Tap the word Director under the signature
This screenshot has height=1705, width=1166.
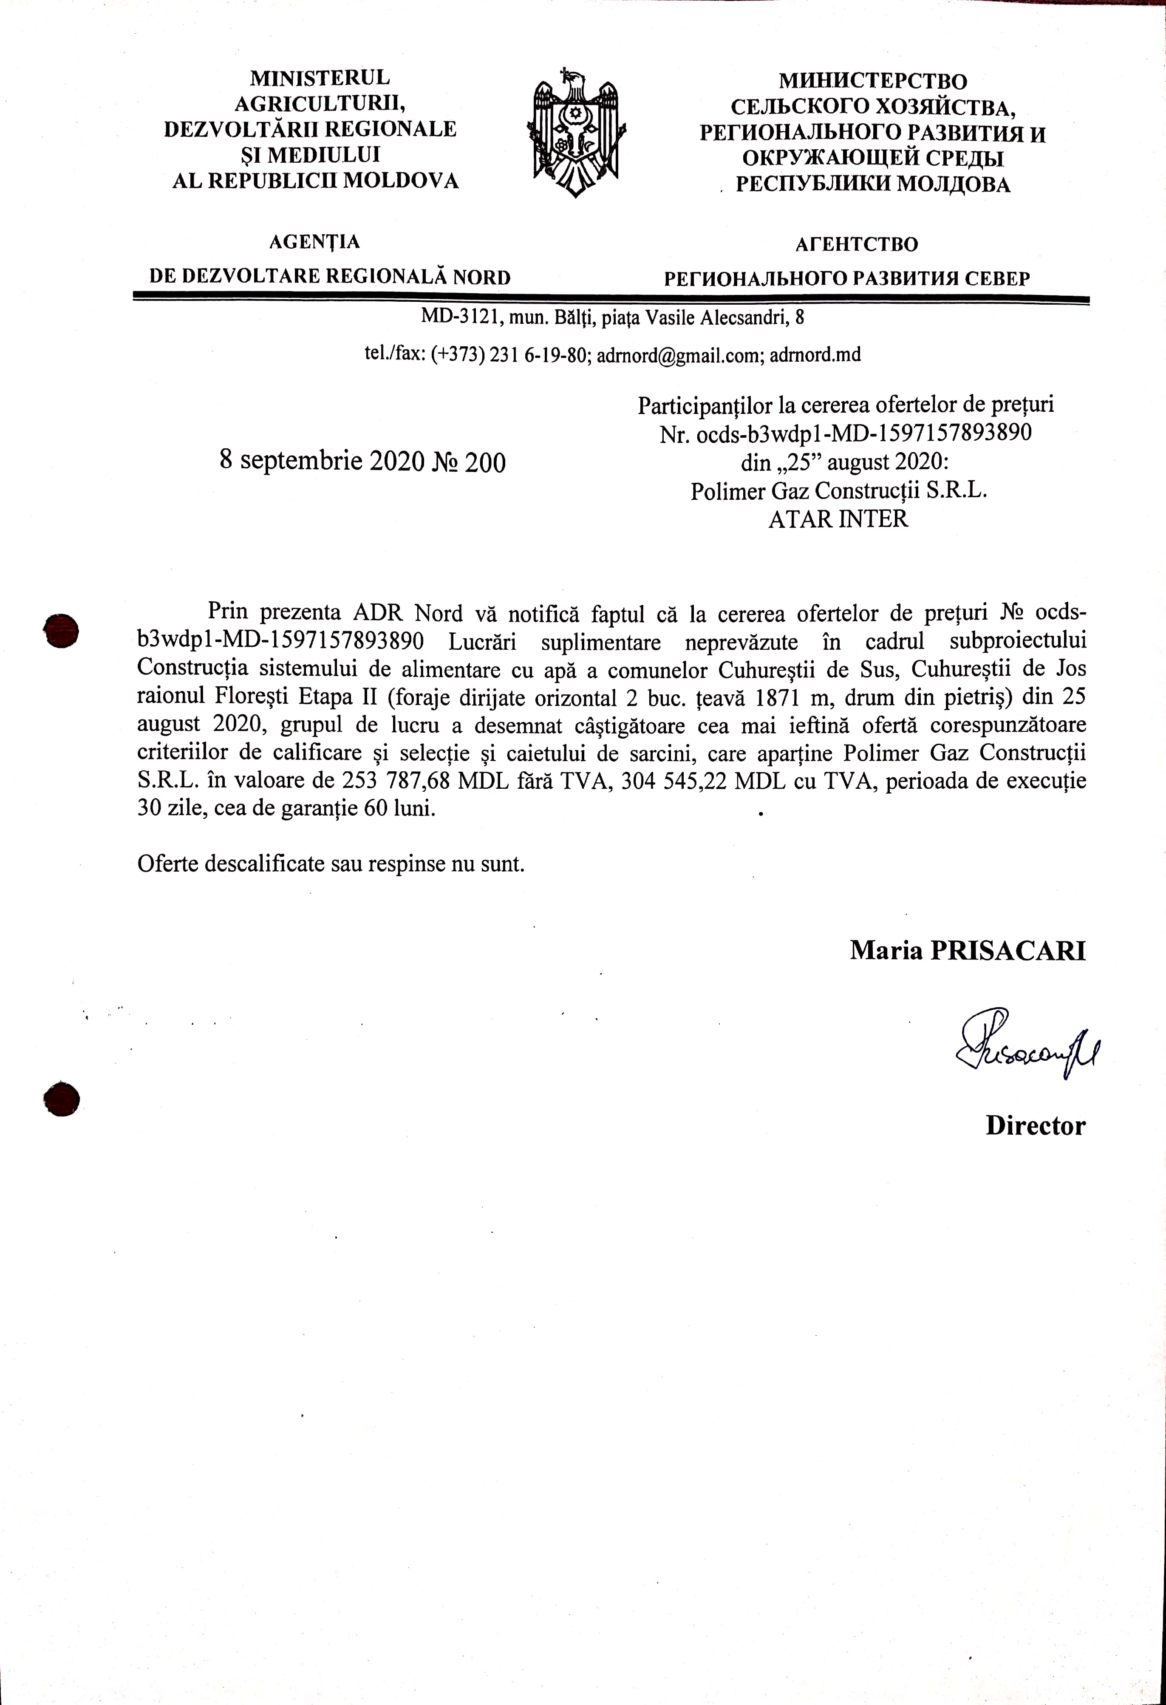(x=1035, y=1126)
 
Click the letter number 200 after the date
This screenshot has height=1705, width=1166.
(x=485, y=463)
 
